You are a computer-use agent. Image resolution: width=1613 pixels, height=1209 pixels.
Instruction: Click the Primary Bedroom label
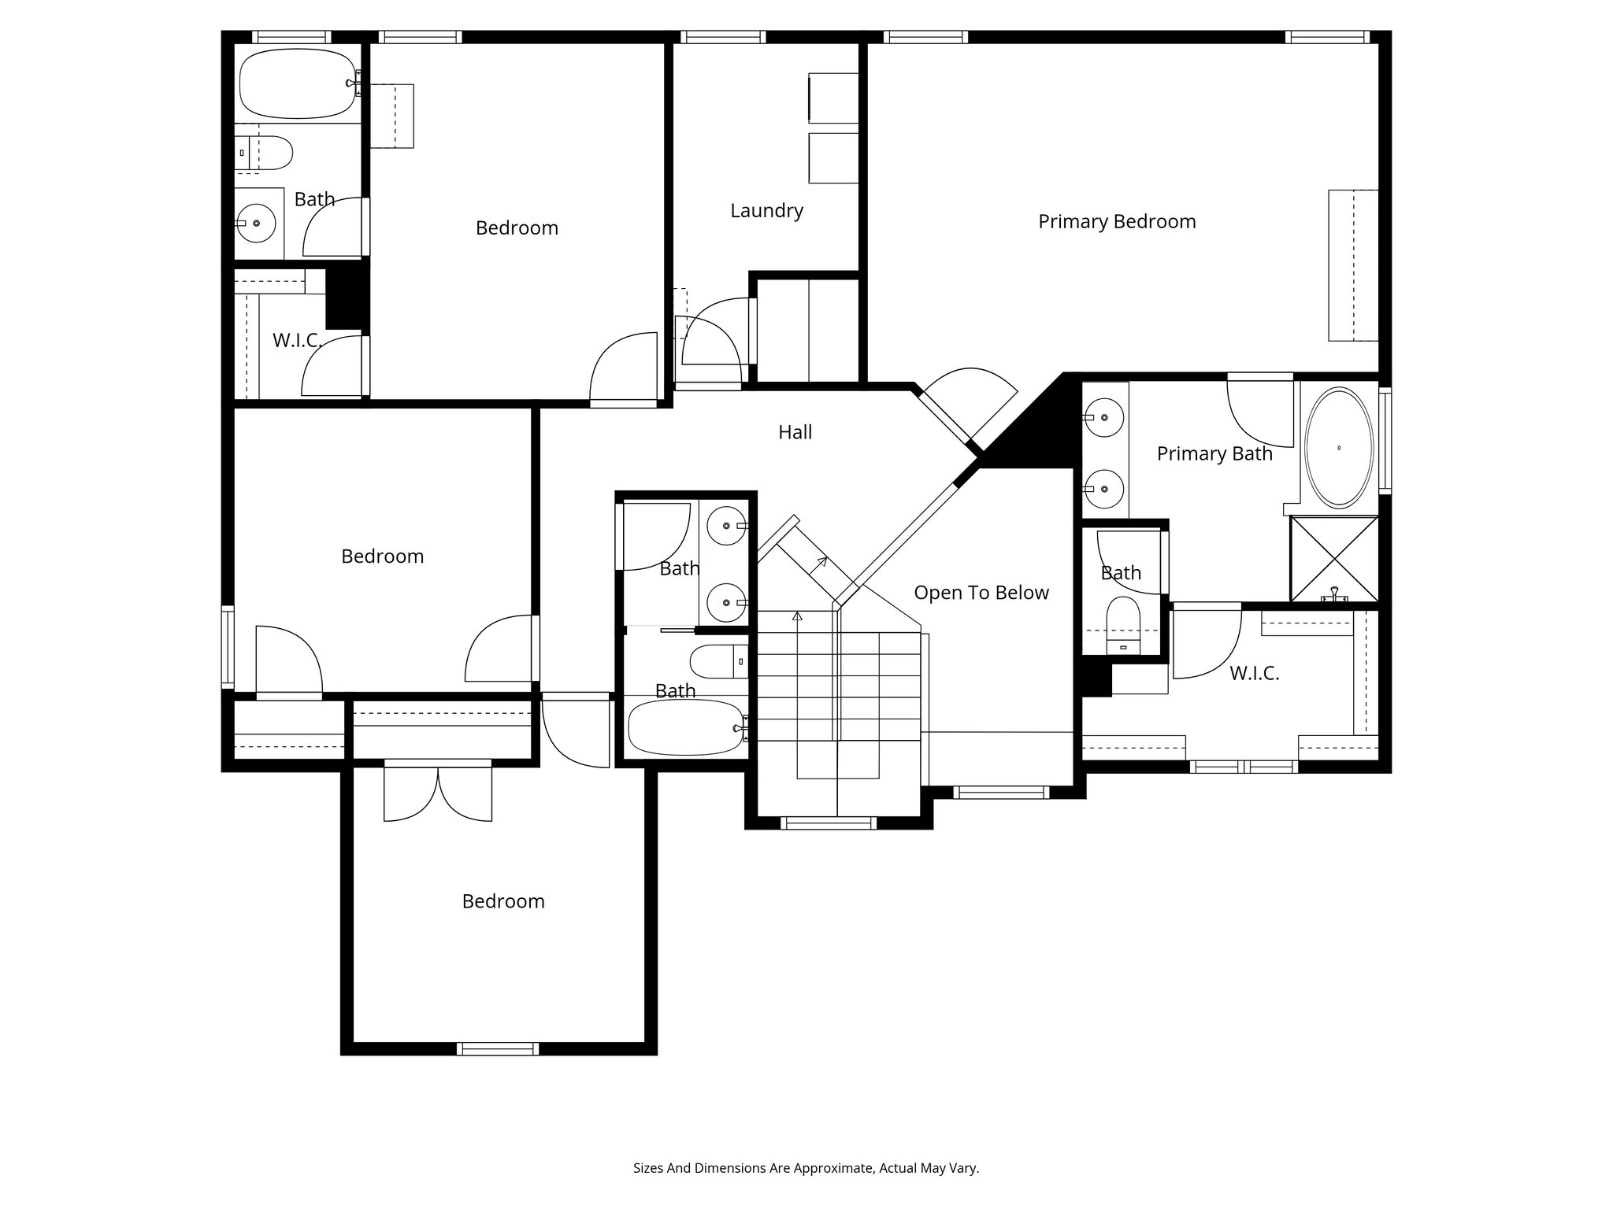point(1116,222)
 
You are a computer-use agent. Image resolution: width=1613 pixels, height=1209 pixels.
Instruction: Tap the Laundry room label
point(766,211)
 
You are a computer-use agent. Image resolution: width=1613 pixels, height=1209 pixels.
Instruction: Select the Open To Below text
point(981,593)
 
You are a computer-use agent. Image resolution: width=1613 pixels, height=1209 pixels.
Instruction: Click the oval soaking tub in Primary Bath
point(1339,448)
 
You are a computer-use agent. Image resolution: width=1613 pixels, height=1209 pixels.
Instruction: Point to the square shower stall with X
point(1333,558)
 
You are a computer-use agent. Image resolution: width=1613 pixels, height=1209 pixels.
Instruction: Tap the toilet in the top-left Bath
point(268,153)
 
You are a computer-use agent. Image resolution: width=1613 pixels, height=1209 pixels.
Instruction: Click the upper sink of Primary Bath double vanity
point(1104,416)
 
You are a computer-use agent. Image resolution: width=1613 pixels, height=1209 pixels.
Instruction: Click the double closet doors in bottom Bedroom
point(438,793)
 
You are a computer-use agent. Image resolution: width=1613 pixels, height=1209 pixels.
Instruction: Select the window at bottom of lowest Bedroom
point(498,1048)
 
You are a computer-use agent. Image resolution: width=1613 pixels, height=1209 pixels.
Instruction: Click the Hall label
point(795,432)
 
